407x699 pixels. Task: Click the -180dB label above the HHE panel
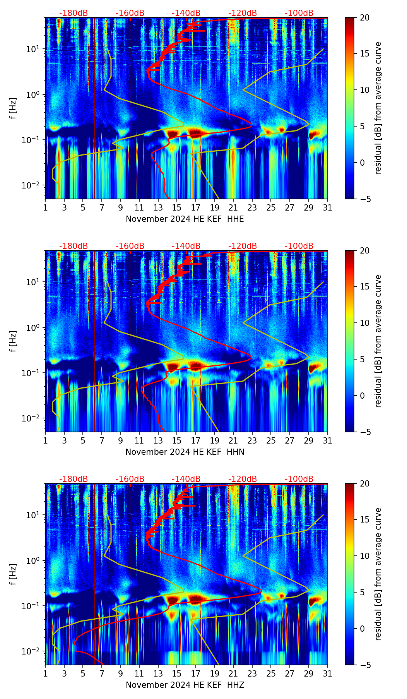tap(74, 13)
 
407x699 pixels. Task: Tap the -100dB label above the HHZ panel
tap(299, 479)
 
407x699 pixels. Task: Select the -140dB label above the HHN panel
tap(186, 246)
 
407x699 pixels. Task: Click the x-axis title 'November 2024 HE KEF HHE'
tap(185, 219)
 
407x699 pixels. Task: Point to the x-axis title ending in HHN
tap(185, 452)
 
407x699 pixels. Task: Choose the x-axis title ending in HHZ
tap(185, 685)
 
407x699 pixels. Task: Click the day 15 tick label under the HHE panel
tap(177, 208)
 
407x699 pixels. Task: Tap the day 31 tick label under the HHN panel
tap(327, 441)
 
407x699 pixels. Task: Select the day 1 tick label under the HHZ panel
tap(45, 674)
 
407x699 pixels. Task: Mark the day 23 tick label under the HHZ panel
tap(252, 674)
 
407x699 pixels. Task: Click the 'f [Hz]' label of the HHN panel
tap(13, 341)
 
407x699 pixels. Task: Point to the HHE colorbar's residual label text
tap(378, 108)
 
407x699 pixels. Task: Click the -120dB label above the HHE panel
tap(243, 13)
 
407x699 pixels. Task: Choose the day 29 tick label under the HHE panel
tap(308, 208)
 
